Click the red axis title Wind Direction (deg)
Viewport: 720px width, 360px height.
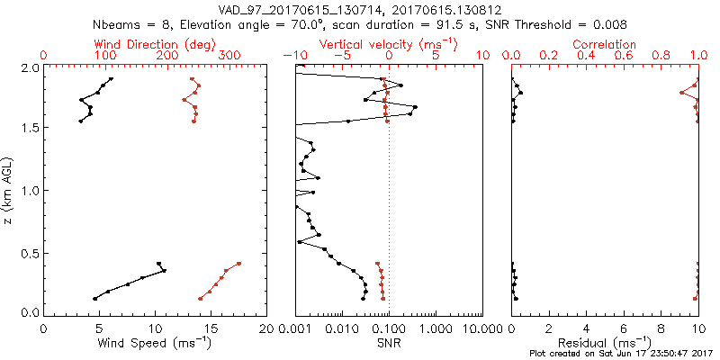tap(155, 44)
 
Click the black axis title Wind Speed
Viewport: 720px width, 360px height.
tap(155, 343)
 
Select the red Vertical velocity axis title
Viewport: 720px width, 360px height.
tap(389, 44)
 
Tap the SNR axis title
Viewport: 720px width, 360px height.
tap(389, 343)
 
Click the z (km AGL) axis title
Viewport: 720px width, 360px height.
tap(9, 190)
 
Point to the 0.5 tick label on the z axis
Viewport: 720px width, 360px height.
tap(30, 252)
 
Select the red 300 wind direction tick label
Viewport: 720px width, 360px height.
tap(230, 56)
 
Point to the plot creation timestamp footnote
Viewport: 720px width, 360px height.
tap(621, 354)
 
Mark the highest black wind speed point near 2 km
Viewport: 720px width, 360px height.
tap(112, 79)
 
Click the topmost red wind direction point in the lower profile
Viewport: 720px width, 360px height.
tap(238, 264)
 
